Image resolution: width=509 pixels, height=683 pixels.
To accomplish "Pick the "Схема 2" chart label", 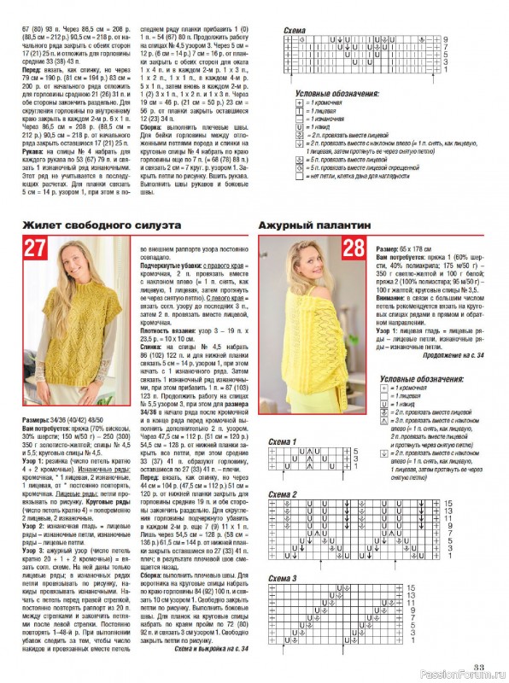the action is point(283,495).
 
